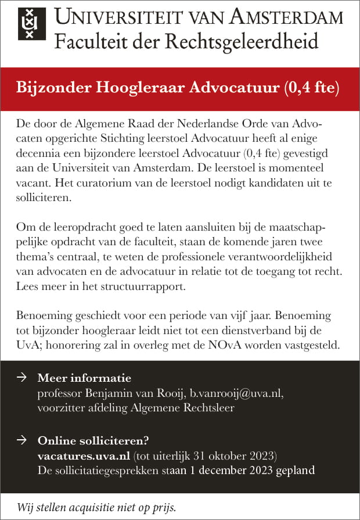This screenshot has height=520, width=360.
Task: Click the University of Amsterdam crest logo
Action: (x=30, y=23)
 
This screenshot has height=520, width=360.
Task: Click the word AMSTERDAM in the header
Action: (x=287, y=17)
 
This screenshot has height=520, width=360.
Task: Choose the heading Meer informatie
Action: (x=84, y=378)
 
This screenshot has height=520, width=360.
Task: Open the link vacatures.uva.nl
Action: (x=84, y=455)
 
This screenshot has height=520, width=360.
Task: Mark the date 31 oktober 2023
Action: (x=229, y=455)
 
